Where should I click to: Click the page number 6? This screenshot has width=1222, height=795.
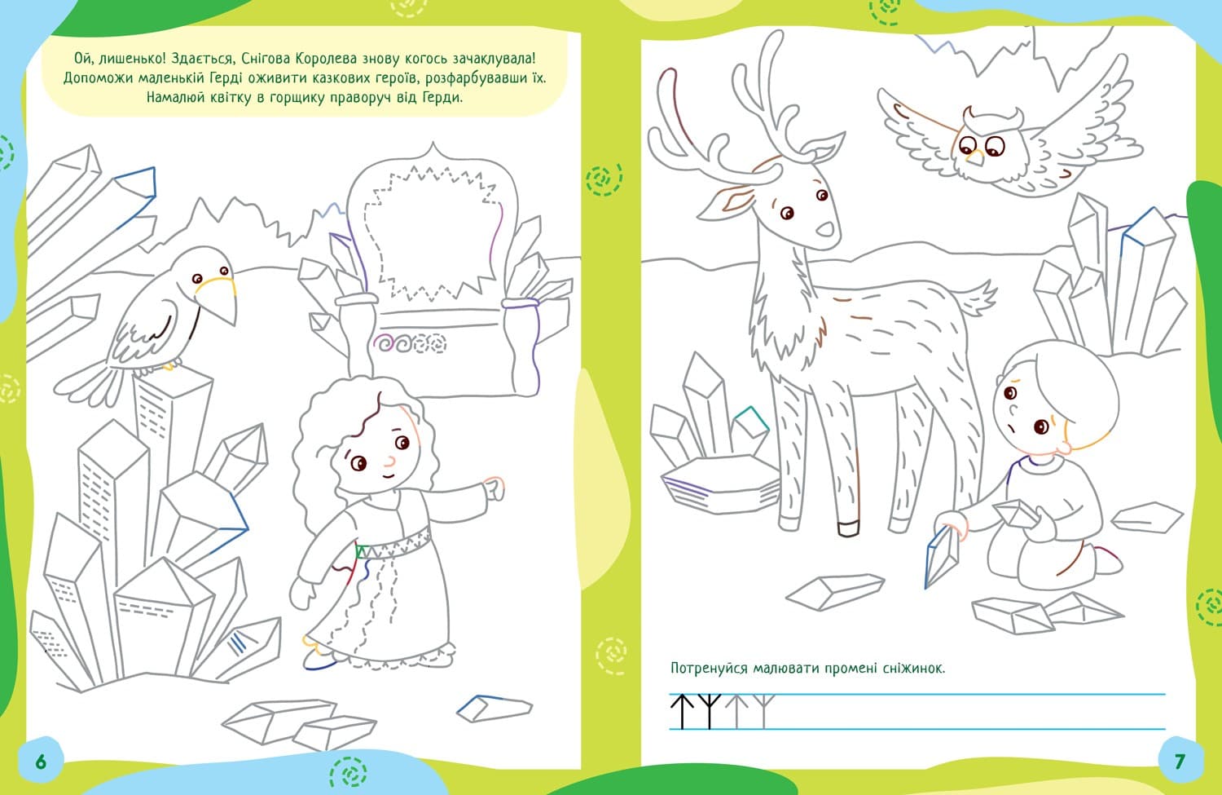(41, 762)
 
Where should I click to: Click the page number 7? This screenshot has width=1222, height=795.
(1180, 762)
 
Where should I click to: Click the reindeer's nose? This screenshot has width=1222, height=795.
(825, 229)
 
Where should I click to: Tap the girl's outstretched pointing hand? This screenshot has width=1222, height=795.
(495, 488)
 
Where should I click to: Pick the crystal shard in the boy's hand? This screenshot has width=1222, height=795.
(942, 557)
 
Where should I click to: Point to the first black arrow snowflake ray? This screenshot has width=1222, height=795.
(681, 712)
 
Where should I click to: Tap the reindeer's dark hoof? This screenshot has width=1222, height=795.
(848, 528)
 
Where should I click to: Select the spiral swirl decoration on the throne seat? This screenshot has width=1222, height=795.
(410, 344)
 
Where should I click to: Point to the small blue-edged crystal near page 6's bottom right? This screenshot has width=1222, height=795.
(494, 709)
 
